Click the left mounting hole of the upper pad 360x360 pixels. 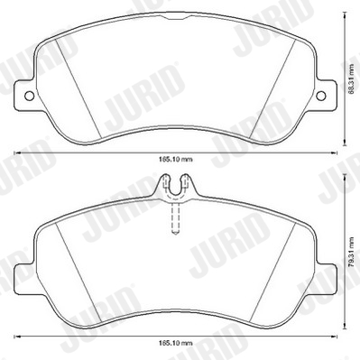[x=29, y=96]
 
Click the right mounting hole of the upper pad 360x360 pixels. [x=321, y=96]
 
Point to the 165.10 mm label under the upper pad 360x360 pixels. [x=175, y=160]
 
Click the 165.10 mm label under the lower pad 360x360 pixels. [x=175, y=343]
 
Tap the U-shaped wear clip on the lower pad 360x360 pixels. [x=175, y=187]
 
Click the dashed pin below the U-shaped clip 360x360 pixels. [x=175, y=217]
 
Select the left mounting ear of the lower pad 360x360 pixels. [x=24, y=278]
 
